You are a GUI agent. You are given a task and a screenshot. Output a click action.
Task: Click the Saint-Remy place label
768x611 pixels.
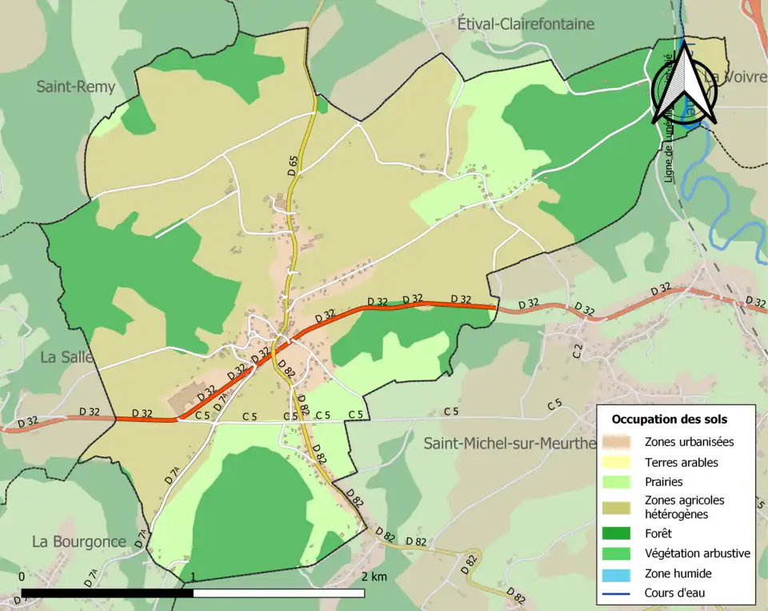point(76,86)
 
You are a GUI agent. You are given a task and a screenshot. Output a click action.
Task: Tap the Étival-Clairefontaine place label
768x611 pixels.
point(526,24)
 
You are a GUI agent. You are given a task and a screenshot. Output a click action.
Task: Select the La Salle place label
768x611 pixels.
point(66,357)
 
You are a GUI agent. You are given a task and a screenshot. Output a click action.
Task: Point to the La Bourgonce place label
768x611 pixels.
point(79,541)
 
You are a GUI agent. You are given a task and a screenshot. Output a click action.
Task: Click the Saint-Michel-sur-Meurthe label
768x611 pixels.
point(510,443)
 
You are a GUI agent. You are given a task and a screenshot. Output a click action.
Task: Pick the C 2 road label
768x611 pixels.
point(578,350)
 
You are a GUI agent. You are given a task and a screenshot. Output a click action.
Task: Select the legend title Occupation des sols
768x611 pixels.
point(670,419)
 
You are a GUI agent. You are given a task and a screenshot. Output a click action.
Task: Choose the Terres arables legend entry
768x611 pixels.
point(681,462)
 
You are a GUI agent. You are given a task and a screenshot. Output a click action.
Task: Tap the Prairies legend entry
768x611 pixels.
point(663,483)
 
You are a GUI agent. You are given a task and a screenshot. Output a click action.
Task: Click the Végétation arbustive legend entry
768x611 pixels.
point(697,553)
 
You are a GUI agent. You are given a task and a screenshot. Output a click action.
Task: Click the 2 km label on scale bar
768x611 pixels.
point(374,577)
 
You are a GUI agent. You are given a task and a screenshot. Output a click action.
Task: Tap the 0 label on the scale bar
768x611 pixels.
point(21,577)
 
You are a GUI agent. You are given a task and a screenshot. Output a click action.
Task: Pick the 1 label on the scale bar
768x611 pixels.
point(193,577)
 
